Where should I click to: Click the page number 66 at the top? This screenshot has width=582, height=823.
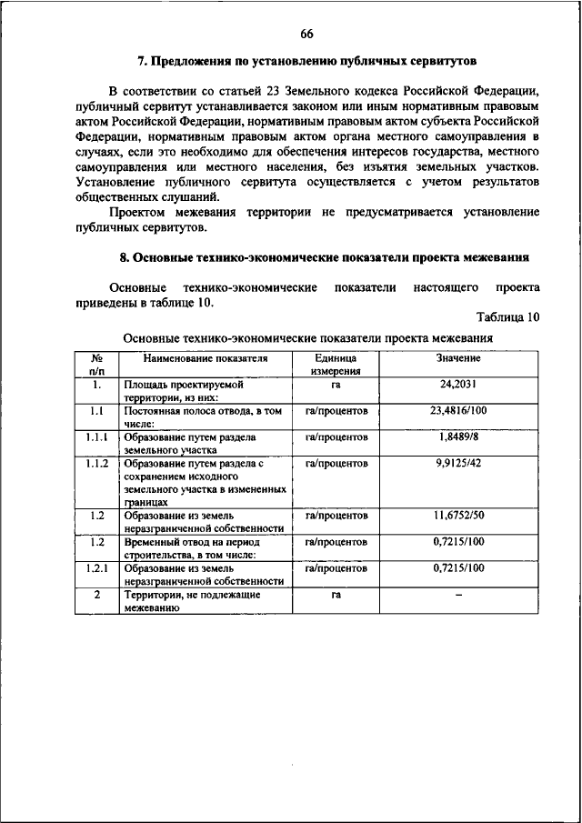click(306, 34)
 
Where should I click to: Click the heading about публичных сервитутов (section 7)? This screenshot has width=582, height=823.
click(306, 61)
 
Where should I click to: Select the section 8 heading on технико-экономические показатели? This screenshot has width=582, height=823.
click(318, 257)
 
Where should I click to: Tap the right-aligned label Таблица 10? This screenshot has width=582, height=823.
click(507, 316)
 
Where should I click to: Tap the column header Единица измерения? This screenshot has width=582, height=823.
click(336, 365)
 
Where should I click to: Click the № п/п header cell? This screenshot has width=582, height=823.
click(96, 365)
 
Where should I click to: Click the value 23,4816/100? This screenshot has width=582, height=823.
click(458, 411)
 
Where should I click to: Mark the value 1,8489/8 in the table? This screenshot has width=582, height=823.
click(458, 437)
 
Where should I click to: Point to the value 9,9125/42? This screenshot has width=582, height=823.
click(458, 463)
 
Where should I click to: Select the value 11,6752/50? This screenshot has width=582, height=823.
click(458, 516)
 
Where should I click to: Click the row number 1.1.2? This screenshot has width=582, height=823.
click(96, 463)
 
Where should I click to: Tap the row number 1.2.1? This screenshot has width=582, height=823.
click(96, 568)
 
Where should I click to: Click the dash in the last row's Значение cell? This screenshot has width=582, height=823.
click(458, 595)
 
